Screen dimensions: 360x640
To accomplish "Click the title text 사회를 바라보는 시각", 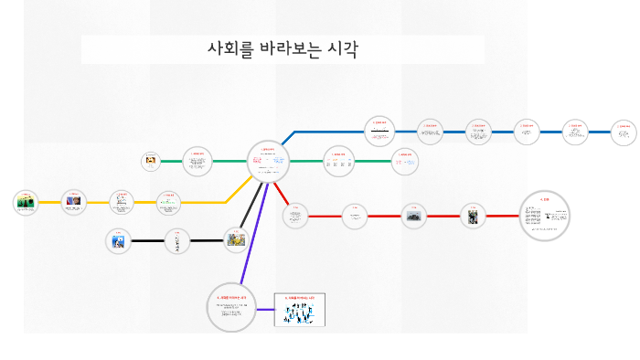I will coord(283,49).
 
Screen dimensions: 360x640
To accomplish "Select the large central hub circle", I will coord(268,161).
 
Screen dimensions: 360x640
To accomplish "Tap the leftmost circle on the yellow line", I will coord(26,202).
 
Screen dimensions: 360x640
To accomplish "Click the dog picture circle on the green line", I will coord(150,161).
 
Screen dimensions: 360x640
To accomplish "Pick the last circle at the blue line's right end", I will coord(624,132).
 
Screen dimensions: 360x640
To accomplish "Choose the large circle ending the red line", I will coord(544,216).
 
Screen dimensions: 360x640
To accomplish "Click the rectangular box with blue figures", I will coord(300,311).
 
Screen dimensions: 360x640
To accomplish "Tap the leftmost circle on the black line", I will coord(118,241).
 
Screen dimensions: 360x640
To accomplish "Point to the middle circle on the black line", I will coord(177,241).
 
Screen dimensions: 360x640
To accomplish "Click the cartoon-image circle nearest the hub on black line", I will coord(237,239).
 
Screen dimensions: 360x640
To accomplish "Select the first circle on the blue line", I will coord(379,131).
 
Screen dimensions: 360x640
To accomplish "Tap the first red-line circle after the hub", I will coord(295,216).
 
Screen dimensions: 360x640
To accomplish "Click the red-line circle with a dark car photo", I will coord(414,217).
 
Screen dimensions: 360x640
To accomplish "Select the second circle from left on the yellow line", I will coord(73,201).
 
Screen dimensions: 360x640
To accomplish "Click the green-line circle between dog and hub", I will coord(197,162).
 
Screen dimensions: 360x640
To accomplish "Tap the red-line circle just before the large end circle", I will coord(472,216).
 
